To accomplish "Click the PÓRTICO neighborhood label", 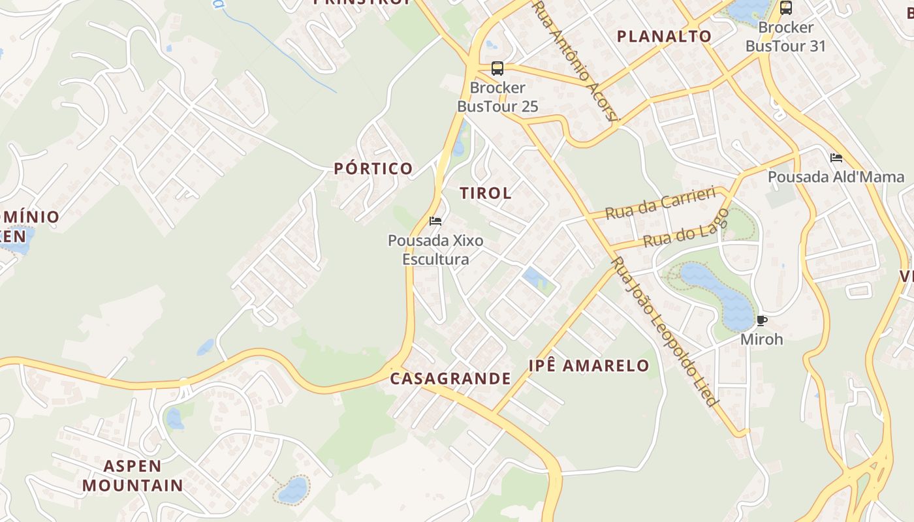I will click(373, 168).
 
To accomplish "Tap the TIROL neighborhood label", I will click(486, 193).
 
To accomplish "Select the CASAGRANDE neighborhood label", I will click(450, 378).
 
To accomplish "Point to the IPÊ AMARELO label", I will click(589, 365).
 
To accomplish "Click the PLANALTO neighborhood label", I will click(664, 37).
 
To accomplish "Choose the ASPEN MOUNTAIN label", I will click(133, 476).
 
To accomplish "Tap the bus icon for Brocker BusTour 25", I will click(497, 68).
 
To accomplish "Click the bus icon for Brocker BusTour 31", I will click(786, 8).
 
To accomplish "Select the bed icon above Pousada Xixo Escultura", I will click(435, 221).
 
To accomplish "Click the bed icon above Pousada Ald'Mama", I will click(836, 157).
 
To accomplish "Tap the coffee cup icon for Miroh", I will click(761, 320).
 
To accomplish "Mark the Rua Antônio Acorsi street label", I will click(575, 62).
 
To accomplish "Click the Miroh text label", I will click(761, 339).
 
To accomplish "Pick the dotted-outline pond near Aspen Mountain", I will click(293, 489).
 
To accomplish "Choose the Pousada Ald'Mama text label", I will click(836, 177).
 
